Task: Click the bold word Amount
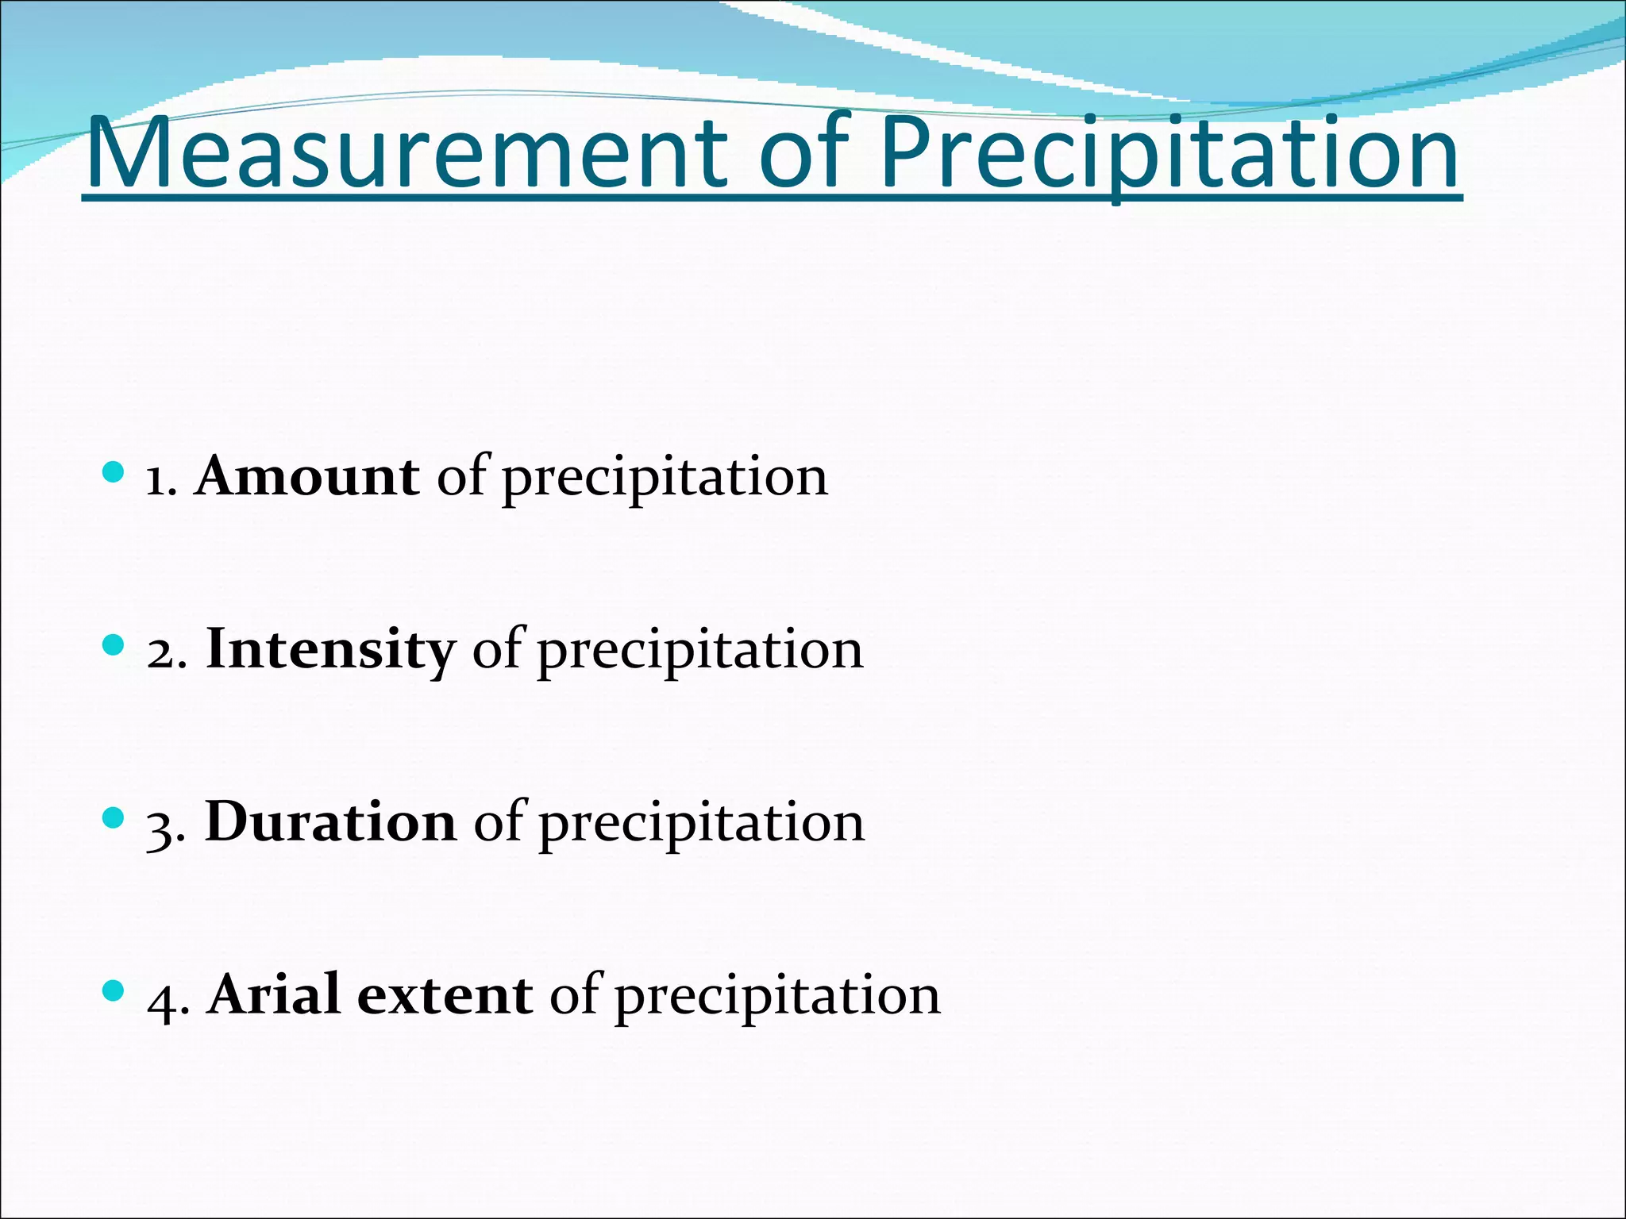(307, 477)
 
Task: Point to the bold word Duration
(330, 822)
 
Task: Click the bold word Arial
(275, 994)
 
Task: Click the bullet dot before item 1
(114, 473)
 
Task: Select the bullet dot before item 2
(114, 645)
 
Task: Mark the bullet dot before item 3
(114, 818)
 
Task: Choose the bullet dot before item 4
(114, 990)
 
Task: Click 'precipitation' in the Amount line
(665, 479)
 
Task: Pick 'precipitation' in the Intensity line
(700, 652)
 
